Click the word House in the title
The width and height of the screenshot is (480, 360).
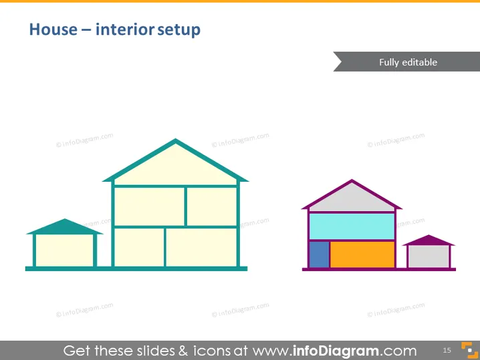pyautogui.click(x=53, y=29)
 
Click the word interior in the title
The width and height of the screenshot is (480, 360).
pyautogui.click(x=125, y=29)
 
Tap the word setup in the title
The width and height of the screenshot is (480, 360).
pyautogui.click(x=178, y=30)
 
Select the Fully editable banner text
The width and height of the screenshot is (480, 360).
pyautogui.click(x=408, y=62)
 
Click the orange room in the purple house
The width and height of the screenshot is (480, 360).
pyautogui.click(x=362, y=254)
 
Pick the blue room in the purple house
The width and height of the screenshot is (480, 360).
pyautogui.click(x=320, y=254)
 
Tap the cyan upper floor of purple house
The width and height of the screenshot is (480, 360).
pyautogui.click(x=352, y=226)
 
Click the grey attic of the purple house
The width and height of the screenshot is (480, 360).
pyautogui.click(x=352, y=200)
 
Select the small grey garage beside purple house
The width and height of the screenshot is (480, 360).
pyautogui.click(x=429, y=256)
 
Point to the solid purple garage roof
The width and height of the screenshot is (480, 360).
pyautogui.click(x=429, y=240)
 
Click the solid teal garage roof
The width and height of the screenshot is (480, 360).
pyautogui.click(x=65, y=227)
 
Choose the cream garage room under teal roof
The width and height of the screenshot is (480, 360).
pyautogui.click(x=65, y=250)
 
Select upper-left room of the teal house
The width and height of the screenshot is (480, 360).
pyautogui.click(x=149, y=207)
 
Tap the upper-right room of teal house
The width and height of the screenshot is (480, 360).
pyautogui.click(x=212, y=207)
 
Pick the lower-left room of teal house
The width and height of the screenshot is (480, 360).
pyautogui.click(x=139, y=247)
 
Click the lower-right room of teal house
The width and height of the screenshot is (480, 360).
pyautogui.click(x=201, y=247)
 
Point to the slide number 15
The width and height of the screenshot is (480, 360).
pyautogui.click(x=447, y=350)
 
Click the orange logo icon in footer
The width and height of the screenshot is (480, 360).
pyautogui.click(x=469, y=350)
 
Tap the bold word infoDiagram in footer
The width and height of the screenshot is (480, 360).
pyautogui.click(x=336, y=351)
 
